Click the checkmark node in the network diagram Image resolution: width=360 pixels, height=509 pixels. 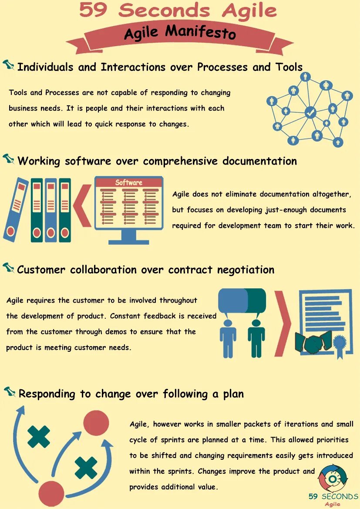pos(310,112)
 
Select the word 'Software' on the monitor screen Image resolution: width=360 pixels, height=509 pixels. pos(128,182)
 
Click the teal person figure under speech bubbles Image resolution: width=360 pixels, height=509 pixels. pos(256,337)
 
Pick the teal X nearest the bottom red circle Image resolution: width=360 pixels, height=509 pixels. pos(86,468)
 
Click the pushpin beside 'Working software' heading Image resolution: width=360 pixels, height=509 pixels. pos(9,159)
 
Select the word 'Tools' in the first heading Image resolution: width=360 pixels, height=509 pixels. pos(289,67)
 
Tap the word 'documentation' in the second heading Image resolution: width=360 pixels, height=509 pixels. pos(259,161)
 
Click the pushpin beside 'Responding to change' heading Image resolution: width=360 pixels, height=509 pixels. pos(10,392)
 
